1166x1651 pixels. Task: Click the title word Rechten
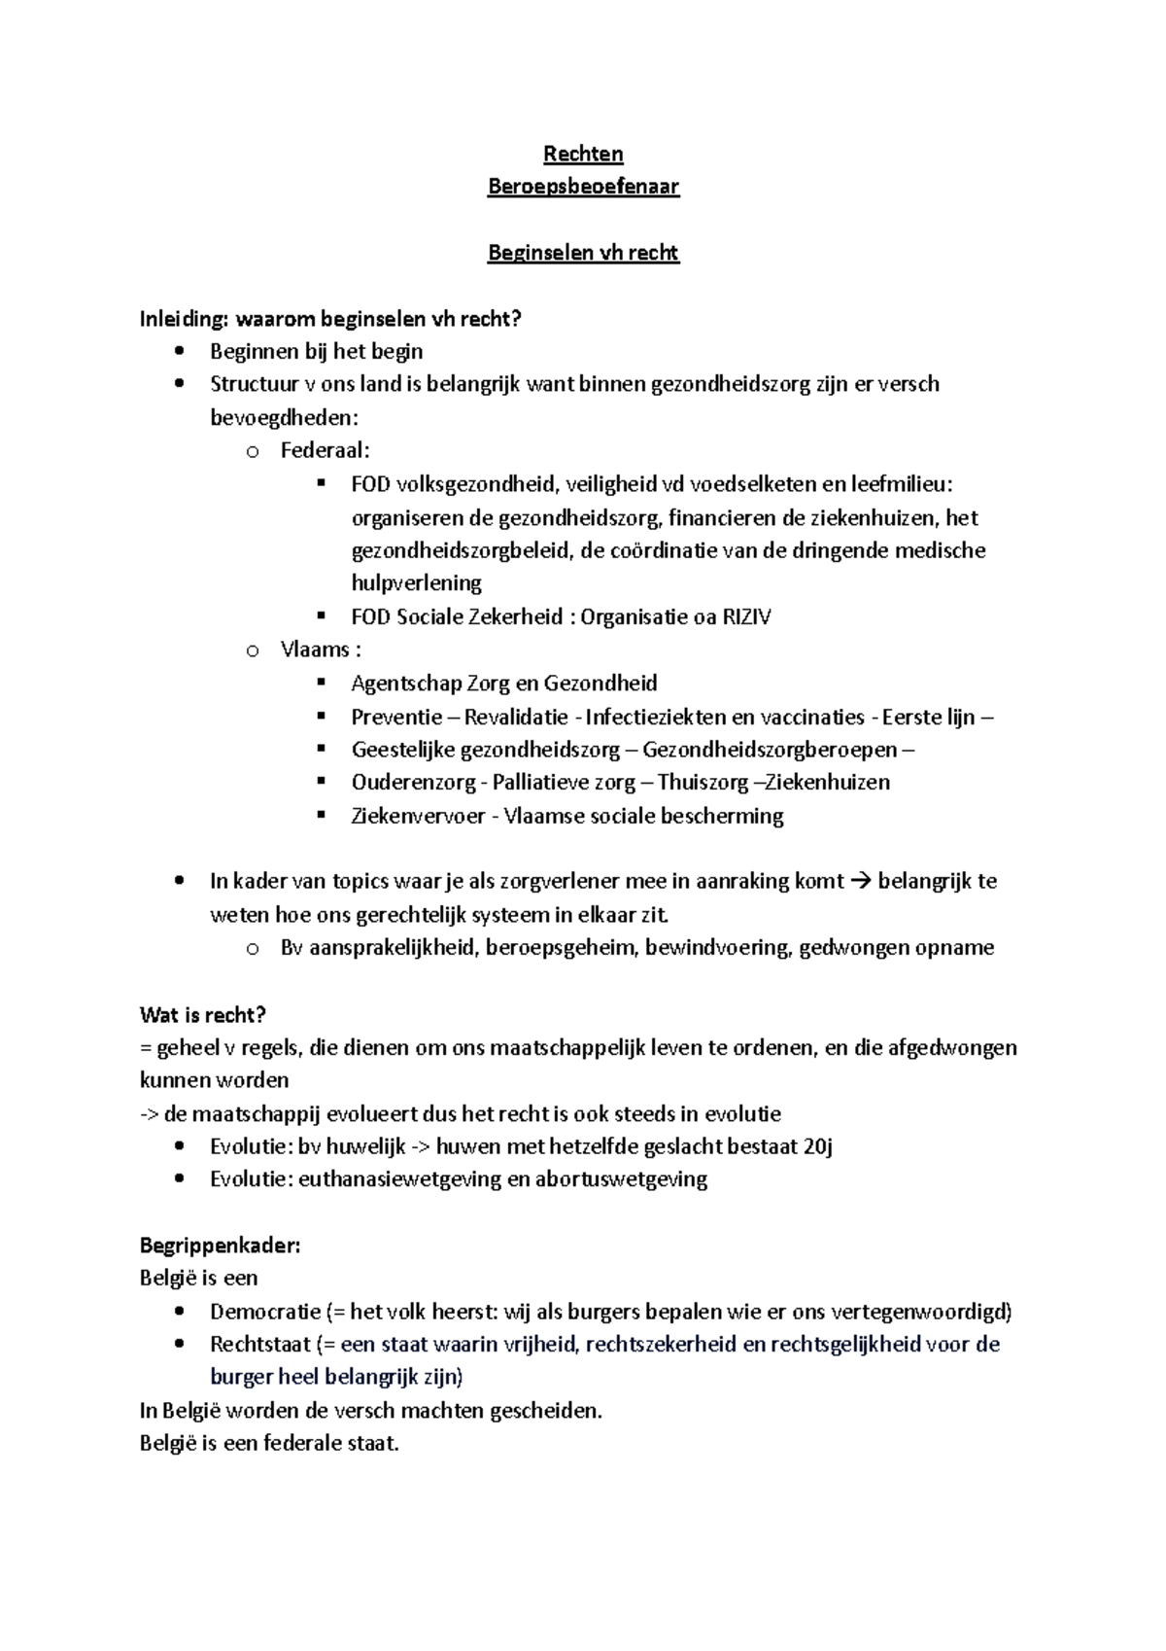[x=583, y=154]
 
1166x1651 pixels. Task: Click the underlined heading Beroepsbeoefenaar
[x=583, y=187]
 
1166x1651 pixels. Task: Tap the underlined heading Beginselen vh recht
[x=583, y=253]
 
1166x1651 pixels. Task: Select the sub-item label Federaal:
[x=326, y=450]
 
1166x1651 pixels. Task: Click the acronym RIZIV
[x=746, y=616]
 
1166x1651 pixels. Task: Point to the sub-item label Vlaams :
[x=321, y=650]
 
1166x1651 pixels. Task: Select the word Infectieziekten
[x=655, y=717]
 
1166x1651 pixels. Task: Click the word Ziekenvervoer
[x=418, y=815]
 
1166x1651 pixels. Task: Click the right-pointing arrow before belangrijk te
[x=861, y=881]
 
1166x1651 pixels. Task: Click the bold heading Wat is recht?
[x=203, y=1015]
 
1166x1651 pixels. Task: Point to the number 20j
[x=818, y=1145]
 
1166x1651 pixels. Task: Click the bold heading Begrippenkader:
[x=221, y=1246]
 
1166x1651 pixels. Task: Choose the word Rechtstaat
[x=258, y=1344]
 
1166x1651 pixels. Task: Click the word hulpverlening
[x=416, y=583]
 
